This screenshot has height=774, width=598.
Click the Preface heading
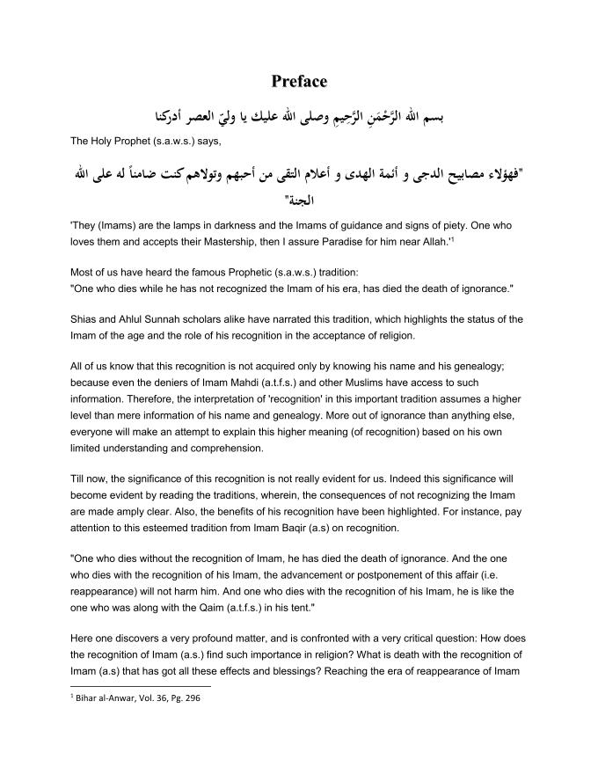coord(299,82)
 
